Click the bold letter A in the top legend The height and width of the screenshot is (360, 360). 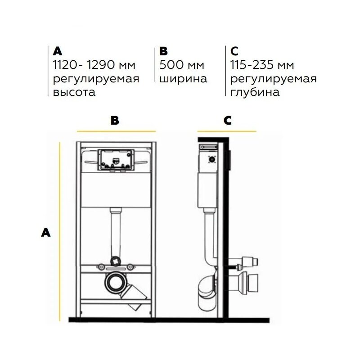coord(58,51)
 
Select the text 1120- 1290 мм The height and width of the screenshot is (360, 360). coord(94,65)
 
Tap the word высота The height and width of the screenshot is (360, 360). coord(74,92)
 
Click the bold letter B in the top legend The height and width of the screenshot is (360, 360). coord(163,51)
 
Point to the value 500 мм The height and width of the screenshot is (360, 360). coord(182,65)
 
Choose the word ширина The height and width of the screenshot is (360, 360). coord(183,79)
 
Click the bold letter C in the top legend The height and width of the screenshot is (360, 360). coord(234,51)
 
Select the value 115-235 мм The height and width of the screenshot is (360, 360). coord(262,65)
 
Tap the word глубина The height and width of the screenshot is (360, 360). coord(255,92)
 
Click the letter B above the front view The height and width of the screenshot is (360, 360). coord(115,120)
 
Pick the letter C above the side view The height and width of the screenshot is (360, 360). coord(228,120)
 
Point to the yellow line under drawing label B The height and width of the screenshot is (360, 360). coord(116,131)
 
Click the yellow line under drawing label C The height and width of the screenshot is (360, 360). coord(227,131)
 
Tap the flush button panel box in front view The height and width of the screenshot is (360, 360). coord(116,160)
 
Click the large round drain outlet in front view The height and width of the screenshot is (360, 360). coord(114,283)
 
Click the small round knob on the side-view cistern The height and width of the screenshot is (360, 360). coord(212,159)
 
